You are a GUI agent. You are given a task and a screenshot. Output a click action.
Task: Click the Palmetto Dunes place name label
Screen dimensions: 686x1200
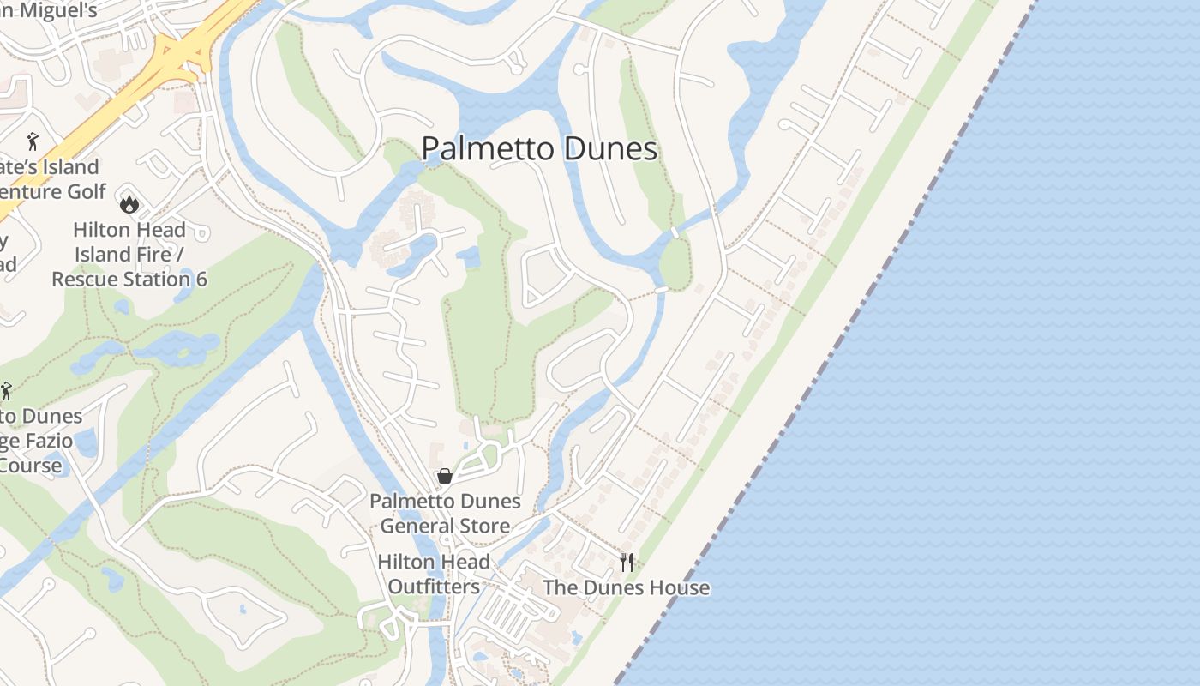539,148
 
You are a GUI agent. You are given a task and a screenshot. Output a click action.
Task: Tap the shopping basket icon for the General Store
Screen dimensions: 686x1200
445,476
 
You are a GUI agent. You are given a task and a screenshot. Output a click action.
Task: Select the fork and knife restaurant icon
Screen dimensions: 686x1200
627,563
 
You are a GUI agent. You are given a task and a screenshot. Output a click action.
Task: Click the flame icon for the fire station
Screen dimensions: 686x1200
129,203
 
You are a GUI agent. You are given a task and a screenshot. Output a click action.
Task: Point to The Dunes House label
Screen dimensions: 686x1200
627,587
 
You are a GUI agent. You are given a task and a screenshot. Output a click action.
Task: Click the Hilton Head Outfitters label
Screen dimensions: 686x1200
434,575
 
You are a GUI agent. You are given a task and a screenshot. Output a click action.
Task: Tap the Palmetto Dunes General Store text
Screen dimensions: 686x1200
445,513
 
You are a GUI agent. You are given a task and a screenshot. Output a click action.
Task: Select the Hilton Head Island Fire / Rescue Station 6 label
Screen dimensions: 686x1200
129,255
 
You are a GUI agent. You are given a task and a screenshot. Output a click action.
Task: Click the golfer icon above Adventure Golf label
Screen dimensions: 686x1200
33,141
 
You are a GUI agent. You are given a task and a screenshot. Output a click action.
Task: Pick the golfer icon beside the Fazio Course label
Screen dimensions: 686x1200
6,392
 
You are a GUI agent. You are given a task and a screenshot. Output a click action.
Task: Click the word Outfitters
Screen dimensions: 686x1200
434,587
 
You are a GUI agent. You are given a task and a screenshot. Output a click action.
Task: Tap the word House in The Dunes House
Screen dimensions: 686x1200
680,587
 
